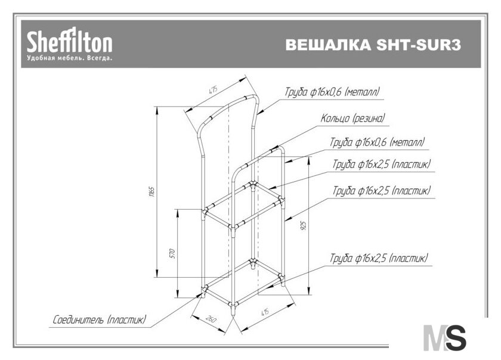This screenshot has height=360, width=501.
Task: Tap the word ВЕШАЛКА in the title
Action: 328,45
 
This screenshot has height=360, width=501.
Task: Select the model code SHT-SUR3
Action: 419,45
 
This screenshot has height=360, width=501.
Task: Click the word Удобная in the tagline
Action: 39,58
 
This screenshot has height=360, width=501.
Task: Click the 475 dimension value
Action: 213,90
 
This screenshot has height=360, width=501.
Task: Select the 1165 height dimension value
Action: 151,192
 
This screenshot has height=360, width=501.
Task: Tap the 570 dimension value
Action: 172,253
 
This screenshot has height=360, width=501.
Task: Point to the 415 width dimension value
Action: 265,312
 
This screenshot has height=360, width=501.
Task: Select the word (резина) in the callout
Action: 369,118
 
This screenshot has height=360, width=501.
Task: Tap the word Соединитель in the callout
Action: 78,319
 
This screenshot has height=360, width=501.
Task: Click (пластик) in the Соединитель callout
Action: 127,319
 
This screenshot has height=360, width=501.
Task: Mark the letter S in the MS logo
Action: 455,337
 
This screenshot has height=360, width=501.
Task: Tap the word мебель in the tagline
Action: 69,58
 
